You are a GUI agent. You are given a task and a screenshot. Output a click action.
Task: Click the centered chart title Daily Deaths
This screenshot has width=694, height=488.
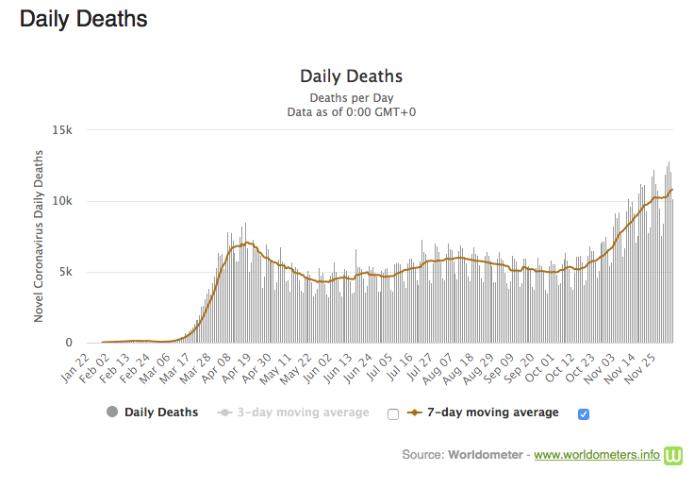coord(351,76)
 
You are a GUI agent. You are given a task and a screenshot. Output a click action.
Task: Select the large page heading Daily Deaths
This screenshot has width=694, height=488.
coord(84,18)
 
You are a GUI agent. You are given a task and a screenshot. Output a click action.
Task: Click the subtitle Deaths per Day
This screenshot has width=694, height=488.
coord(351,97)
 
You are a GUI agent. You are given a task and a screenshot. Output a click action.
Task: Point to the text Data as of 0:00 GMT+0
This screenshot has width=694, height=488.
coord(351,111)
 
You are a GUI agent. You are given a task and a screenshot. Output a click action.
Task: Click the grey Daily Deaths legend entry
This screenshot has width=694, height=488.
coord(152,412)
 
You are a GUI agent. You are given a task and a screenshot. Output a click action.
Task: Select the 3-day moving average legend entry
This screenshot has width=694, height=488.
coord(293,412)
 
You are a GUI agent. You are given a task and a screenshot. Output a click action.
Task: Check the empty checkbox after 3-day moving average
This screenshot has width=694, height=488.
coord(392,413)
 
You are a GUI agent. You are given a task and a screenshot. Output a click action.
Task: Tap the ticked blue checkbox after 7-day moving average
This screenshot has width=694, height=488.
coord(583,413)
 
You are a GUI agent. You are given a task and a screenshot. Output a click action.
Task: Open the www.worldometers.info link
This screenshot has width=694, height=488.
coord(597,455)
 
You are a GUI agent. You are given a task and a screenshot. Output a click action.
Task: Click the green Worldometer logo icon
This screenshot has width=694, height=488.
coord(673,455)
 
